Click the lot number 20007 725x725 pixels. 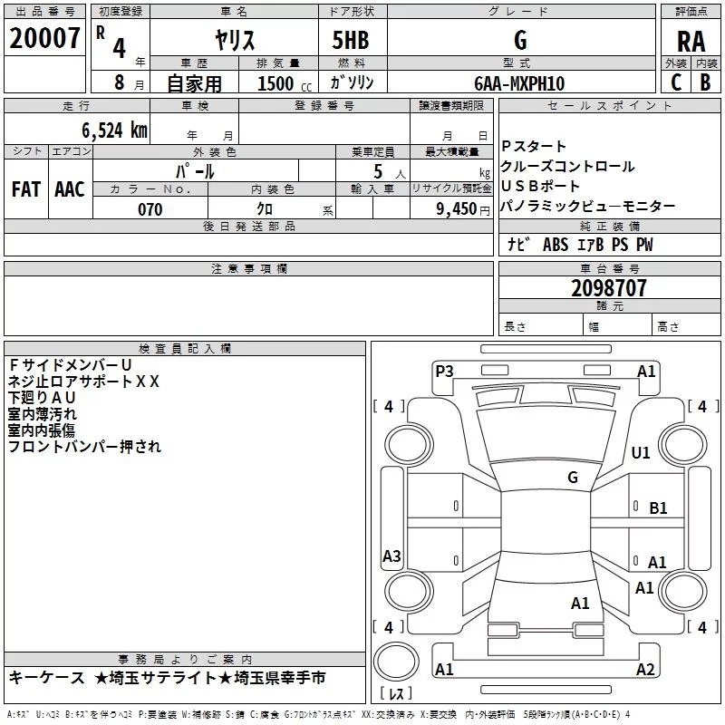[x=45, y=39]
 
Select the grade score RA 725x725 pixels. [x=691, y=42]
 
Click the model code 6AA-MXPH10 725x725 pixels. [x=519, y=83]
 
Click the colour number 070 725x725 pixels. [x=150, y=209]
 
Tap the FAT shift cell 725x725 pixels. [x=25, y=189]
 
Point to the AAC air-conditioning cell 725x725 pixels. [x=69, y=189]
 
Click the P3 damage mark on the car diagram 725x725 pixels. [x=444, y=371]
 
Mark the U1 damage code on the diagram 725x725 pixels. [x=641, y=452]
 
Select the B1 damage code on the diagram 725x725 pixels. [x=658, y=508]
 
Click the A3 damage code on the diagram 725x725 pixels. [x=391, y=556]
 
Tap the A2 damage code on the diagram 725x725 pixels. [x=645, y=670]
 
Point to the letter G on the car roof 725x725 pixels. [x=572, y=477]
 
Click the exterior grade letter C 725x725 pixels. [x=675, y=82]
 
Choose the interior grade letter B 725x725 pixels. [x=706, y=82]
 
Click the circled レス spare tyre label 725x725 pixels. [x=396, y=694]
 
